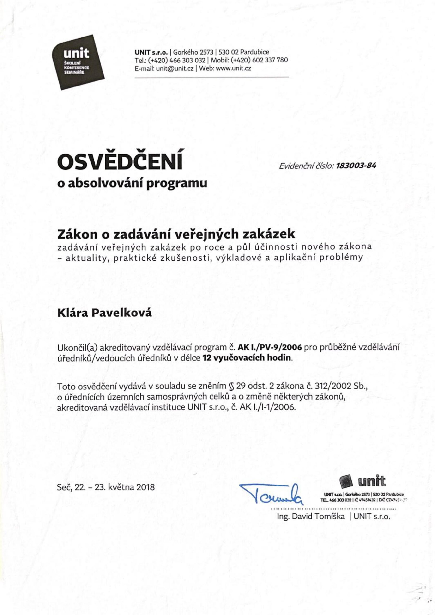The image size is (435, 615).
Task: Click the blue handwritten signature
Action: coord(271,493)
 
